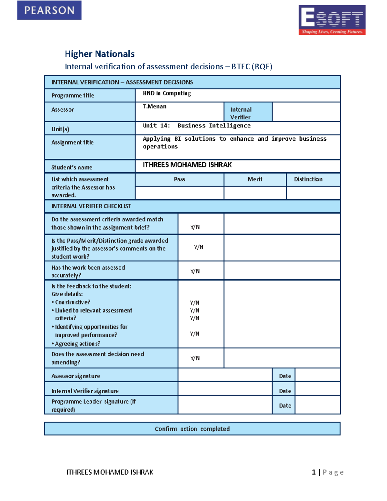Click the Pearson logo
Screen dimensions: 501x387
(49, 10)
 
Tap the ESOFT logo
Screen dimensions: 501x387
(332, 20)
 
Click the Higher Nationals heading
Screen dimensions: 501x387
(100, 54)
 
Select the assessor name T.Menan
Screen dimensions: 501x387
(155, 106)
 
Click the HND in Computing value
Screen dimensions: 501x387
(167, 93)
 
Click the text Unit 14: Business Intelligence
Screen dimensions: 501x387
(197, 125)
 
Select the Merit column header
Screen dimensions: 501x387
(255, 179)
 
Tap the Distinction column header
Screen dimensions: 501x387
(308, 179)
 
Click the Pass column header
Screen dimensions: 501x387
(179, 179)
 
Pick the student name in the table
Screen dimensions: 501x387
(187, 165)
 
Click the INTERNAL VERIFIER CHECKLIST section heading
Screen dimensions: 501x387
(91, 206)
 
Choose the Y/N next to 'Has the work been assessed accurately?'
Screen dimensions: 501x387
(195, 271)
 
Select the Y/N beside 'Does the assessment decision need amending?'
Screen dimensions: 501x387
(195, 358)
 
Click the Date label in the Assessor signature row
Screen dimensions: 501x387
(285, 376)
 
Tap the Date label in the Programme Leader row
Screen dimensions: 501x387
(285, 406)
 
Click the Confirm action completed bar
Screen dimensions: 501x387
(192, 429)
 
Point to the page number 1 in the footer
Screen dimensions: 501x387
(313, 472)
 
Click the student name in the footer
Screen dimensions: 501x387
(110, 472)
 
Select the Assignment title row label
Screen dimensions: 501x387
(73, 142)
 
